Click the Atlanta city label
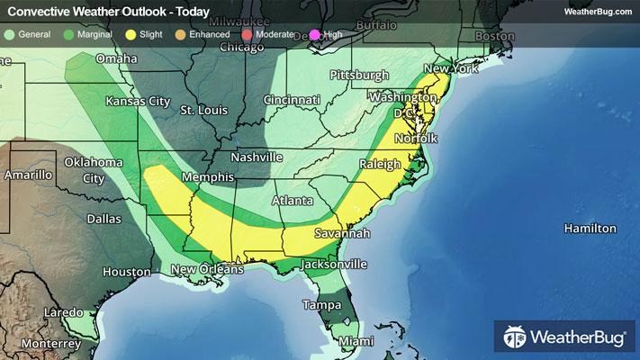pos(293,200)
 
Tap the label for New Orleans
pos(207,269)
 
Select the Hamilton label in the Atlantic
pos(590,229)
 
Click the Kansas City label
pos(138,101)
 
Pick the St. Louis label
pos(200,111)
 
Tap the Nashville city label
pos(257,157)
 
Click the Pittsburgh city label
pos(359,74)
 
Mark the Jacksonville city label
pos(334,265)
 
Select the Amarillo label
pos(29,175)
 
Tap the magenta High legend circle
pos(315,34)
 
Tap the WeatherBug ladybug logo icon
pos(515,337)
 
